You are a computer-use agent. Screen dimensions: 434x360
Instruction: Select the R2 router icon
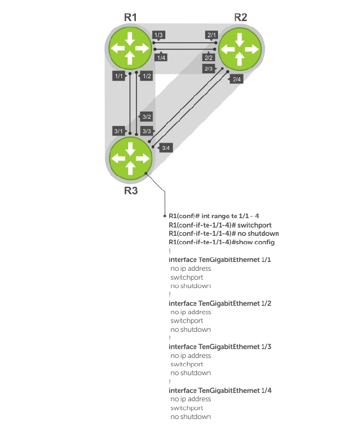(x=240, y=48)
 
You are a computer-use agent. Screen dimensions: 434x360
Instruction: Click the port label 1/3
(x=159, y=36)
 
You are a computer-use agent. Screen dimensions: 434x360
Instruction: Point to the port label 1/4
(x=161, y=57)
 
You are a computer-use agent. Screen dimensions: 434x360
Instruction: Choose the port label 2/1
(x=211, y=35)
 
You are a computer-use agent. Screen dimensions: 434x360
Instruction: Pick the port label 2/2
(x=209, y=57)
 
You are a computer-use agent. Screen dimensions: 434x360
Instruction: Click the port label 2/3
(x=209, y=69)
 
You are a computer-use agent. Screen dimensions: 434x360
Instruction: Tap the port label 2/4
(x=237, y=79)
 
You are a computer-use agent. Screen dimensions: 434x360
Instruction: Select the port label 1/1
(x=118, y=76)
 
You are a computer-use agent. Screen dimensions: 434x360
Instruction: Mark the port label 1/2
(x=146, y=76)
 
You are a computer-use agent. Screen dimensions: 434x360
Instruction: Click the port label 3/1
(x=118, y=131)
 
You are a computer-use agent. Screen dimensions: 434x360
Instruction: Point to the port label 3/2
(x=146, y=117)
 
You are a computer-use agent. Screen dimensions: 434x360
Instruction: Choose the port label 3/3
(x=146, y=131)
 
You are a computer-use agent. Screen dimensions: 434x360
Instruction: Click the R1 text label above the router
(x=130, y=17)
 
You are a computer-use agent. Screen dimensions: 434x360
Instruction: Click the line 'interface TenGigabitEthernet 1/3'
(x=216, y=347)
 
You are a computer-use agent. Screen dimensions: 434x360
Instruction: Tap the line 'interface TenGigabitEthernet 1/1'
(x=216, y=260)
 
